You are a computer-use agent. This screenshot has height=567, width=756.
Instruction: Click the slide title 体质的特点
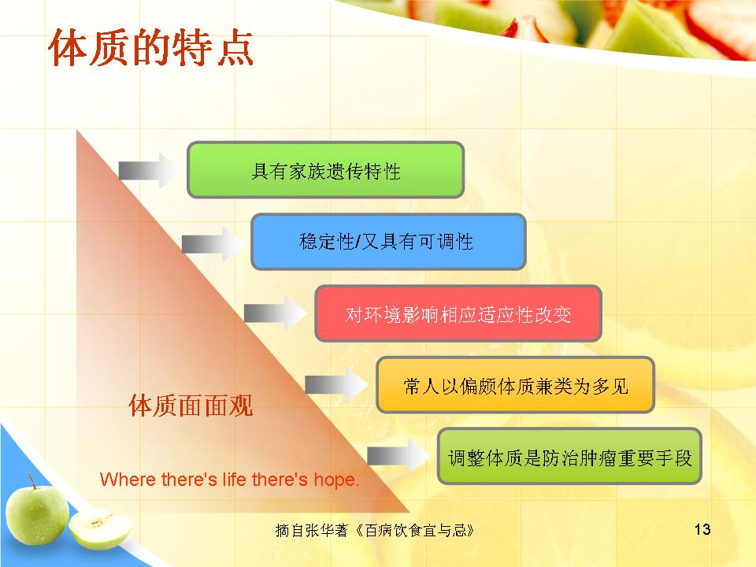click(x=151, y=47)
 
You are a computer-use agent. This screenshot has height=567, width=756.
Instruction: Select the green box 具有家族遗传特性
click(x=325, y=170)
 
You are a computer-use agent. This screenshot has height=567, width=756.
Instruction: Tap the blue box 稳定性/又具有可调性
click(x=388, y=242)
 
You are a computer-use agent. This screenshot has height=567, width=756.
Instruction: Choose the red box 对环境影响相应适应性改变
click(x=458, y=313)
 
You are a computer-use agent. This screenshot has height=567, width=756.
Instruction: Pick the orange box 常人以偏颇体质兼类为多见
click(x=515, y=385)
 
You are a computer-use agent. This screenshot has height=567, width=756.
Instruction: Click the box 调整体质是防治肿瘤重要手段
click(x=569, y=456)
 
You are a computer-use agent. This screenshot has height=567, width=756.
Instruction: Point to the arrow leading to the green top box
click(x=149, y=170)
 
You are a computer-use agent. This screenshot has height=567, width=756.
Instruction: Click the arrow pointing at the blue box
click(x=212, y=243)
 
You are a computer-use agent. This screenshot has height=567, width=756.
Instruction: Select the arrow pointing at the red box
click(x=275, y=313)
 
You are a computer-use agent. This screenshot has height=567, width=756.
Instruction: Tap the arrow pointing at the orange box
click(x=336, y=385)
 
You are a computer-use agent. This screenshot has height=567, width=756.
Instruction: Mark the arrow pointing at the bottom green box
click(x=398, y=456)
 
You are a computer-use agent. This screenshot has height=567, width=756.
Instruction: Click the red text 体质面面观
click(x=191, y=405)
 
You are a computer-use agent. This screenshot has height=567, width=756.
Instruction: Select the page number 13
click(x=702, y=529)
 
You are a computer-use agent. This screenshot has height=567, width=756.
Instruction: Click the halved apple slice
click(x=100, y=529)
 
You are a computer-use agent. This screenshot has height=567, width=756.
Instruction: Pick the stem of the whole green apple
click(x=31, y=481)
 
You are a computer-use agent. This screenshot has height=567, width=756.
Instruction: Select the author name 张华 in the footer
click(x=321, y=530)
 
